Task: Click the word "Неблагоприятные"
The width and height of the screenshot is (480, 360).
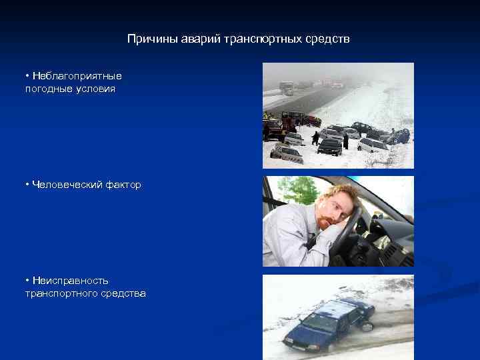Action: point(77,77)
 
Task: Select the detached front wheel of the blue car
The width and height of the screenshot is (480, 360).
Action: point(366,326)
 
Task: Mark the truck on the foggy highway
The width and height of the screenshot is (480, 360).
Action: point(286,88)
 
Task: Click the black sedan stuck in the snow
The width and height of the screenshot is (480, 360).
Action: point(329,146)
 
